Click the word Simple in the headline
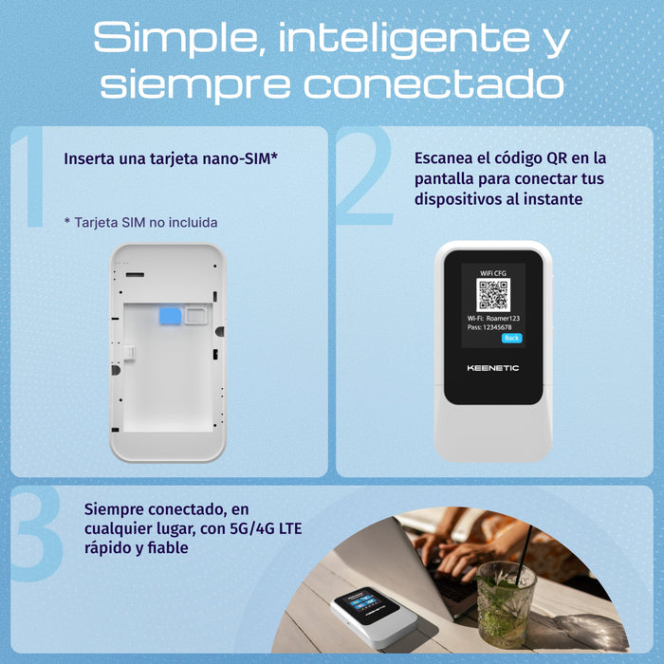pos(176,38)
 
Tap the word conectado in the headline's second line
pos(433,83)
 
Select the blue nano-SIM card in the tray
pos(170,316)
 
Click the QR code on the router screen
pos(493,295)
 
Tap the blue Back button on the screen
pos(511,338)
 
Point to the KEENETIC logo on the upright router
pos(493,368)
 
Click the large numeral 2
pos(365,175)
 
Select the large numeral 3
pos(37,533)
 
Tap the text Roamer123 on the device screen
pos(503,319)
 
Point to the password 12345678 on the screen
pos(497,327)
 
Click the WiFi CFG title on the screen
pos(493,273)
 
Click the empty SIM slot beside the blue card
pos(196,316)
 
